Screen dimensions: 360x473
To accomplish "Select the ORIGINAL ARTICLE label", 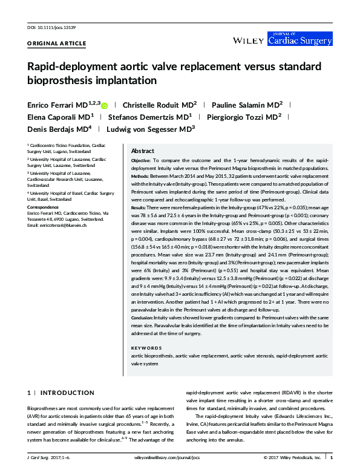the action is click(x=57, y=44).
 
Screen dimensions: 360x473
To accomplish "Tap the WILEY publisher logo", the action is click(x=248, y=40).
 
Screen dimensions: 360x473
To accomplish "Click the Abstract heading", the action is click(x=143, y=151).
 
